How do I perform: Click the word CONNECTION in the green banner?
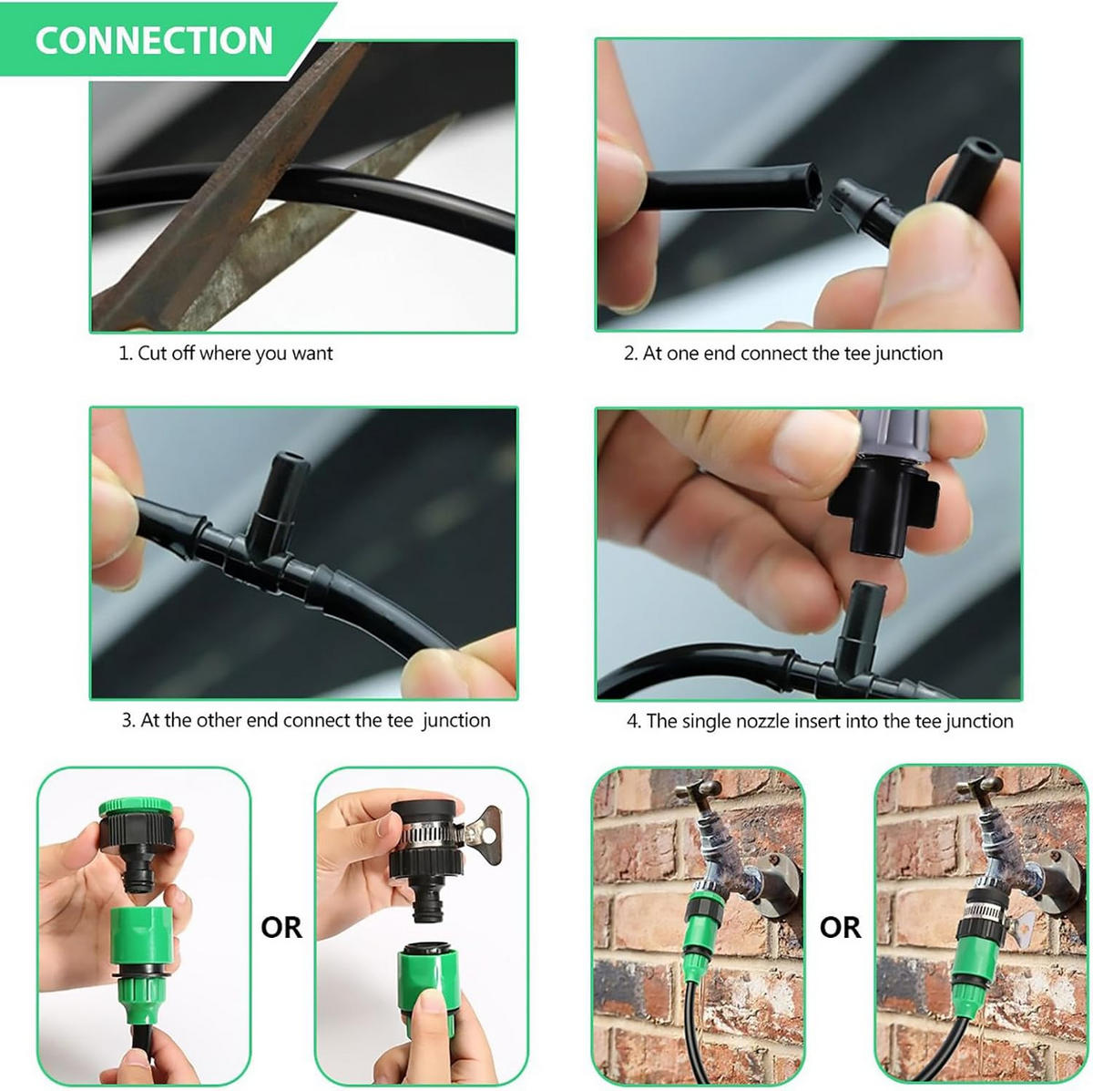tap(154, 40)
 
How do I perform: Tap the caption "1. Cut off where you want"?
tap(226, 353)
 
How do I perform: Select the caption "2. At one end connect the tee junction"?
tap(783, 353)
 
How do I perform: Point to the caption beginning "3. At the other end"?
tap(306, 720)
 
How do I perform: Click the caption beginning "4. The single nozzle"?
tap(820, 721)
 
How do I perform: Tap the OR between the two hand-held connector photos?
tap(281, 928)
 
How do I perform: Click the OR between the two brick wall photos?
tap(840, 928)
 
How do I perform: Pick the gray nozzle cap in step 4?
tap(894, 435)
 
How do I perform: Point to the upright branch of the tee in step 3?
tap(280, 499)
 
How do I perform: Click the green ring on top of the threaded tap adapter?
tap(136, 806)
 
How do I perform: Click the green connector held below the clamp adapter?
tap(426, 972)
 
